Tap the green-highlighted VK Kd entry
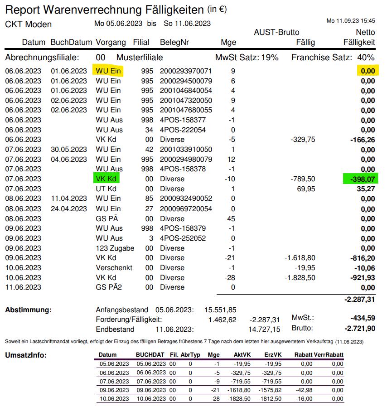[106, 179]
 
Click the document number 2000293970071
[185, 71]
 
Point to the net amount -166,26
[363, 140]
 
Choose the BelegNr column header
[174, 42]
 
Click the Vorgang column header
[111, 42]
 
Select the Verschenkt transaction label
[114, 267]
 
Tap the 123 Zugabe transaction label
[115, 248]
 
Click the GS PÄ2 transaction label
[108, 287]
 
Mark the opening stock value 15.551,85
[220, 310]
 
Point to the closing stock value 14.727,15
[264, 329]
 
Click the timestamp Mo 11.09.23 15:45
[351, 21]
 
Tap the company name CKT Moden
[29, 24]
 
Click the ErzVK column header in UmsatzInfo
[273, 355]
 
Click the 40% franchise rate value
[366, 58]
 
